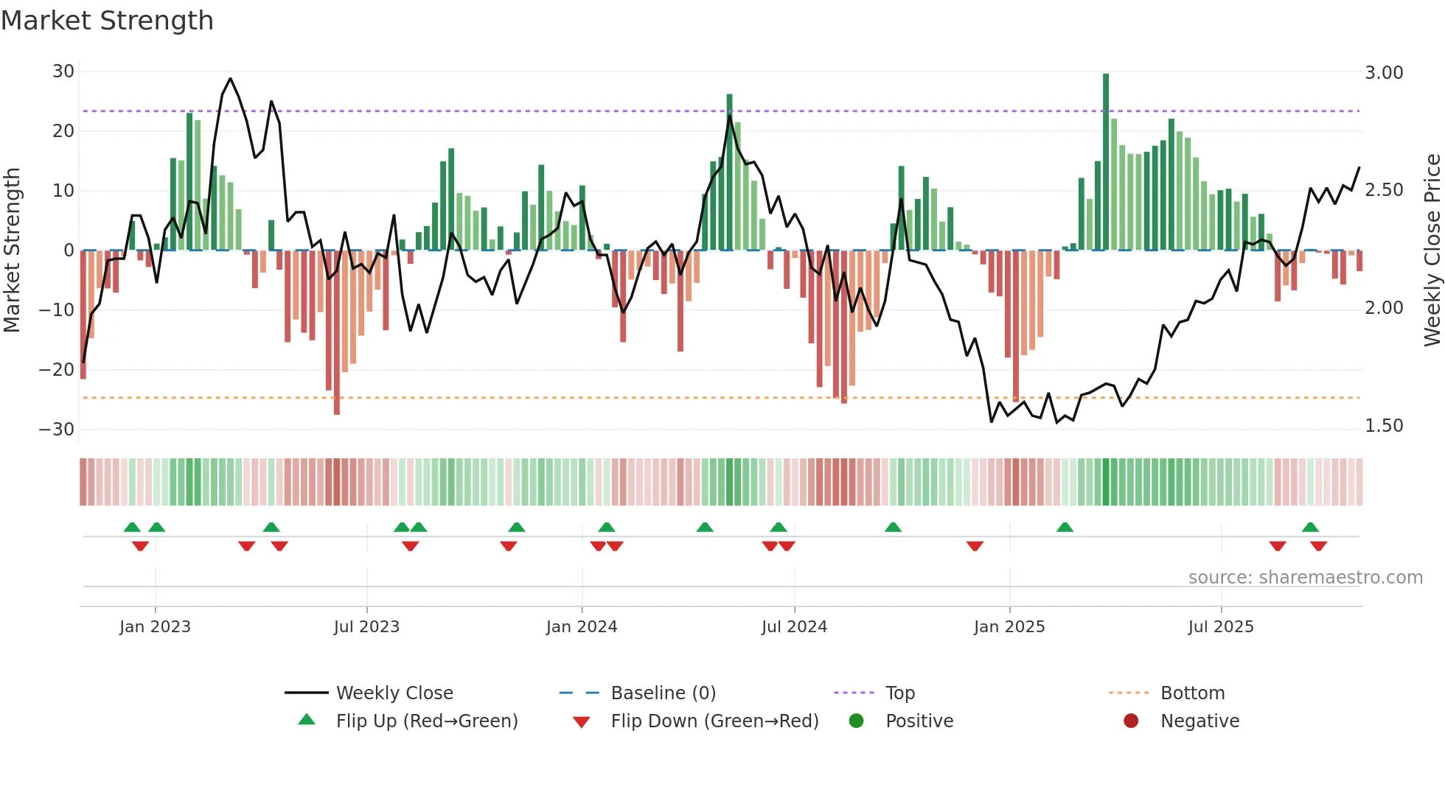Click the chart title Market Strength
click(x=107, y=21)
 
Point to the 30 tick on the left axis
click(x=63, y=71)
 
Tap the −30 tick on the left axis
click(x=57, y=429)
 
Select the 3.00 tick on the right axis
click(x=1384, y=72)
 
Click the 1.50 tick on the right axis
click(x=1384, y=426)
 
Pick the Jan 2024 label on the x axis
click(x=582, y=627)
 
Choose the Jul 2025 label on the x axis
click(x=1221, y=627)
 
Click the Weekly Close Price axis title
click(x=1432, y=251)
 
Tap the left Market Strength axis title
click(x=12, y=251)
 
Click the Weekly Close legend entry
click(x=394, y=693)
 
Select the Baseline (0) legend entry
click(x=663, y=693)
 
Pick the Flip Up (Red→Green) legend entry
click(x=427, y=721)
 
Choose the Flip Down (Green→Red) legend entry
click(x=714, y=721)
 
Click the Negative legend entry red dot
click(x=1131, y=721)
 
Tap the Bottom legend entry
click(x=1192, y=693)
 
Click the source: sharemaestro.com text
click(x=1305, y=578)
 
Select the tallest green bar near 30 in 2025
click(x=1106, y=162)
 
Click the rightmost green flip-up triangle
click(x=1310, y=527)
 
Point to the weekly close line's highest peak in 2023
click(x=231, y=79)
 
